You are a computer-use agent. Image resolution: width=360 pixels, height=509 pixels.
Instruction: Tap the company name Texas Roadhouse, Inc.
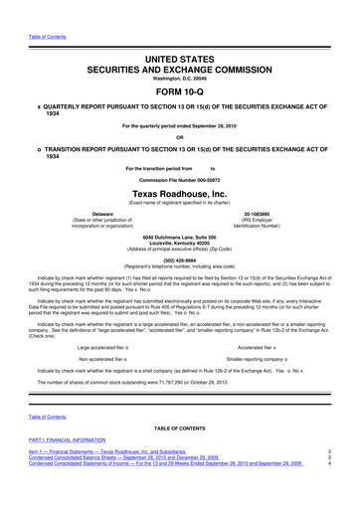click(x=180, y=191)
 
